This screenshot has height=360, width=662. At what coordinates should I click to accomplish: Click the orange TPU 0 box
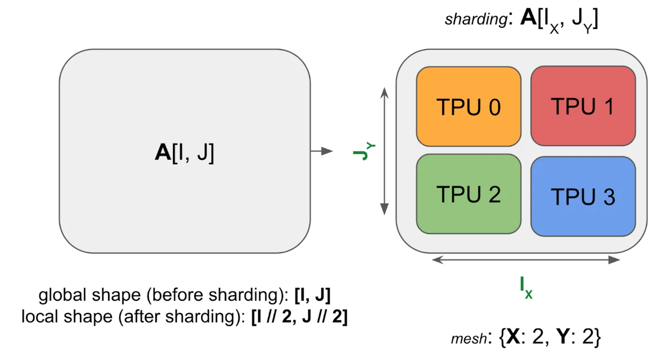468,107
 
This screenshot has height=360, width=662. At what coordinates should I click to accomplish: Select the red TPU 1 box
583,106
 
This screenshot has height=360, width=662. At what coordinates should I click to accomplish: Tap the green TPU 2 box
468,194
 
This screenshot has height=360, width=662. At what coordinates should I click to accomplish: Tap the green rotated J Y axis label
363,151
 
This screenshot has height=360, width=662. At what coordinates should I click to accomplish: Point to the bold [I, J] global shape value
312,296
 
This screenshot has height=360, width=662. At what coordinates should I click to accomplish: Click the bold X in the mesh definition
514,337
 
